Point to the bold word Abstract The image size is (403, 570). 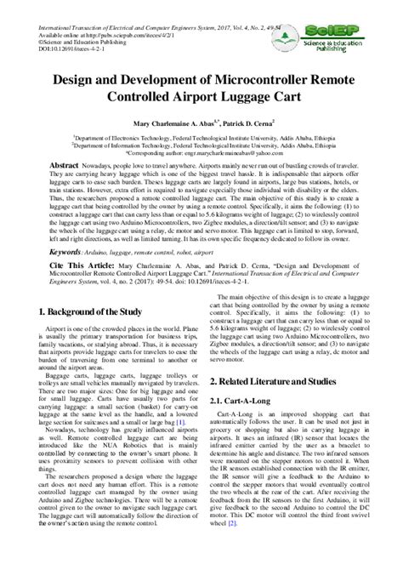click(65, 164)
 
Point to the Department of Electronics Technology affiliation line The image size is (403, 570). click(201, 136)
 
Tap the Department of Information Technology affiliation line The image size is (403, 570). click(201, 144)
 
